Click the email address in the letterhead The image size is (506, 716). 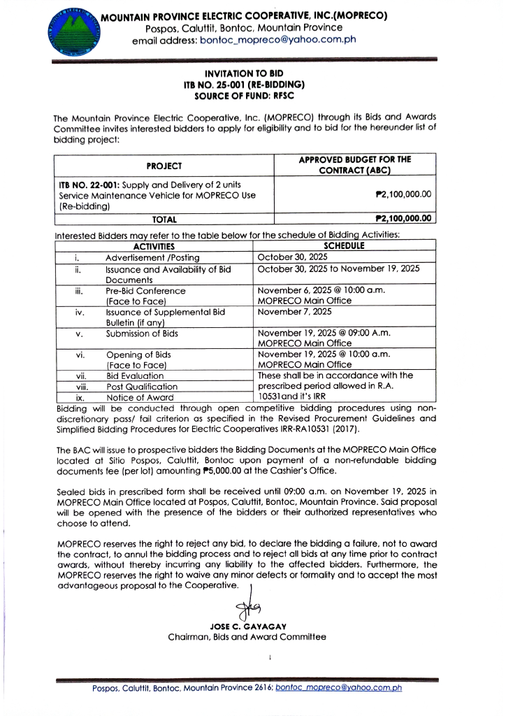278,40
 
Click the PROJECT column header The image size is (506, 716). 164,166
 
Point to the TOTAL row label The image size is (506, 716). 164,219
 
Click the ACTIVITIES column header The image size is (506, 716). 154,245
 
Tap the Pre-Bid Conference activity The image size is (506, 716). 145,290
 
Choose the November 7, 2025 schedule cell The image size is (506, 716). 294,312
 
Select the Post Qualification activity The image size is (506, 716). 142,386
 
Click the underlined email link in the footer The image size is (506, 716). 339,688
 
